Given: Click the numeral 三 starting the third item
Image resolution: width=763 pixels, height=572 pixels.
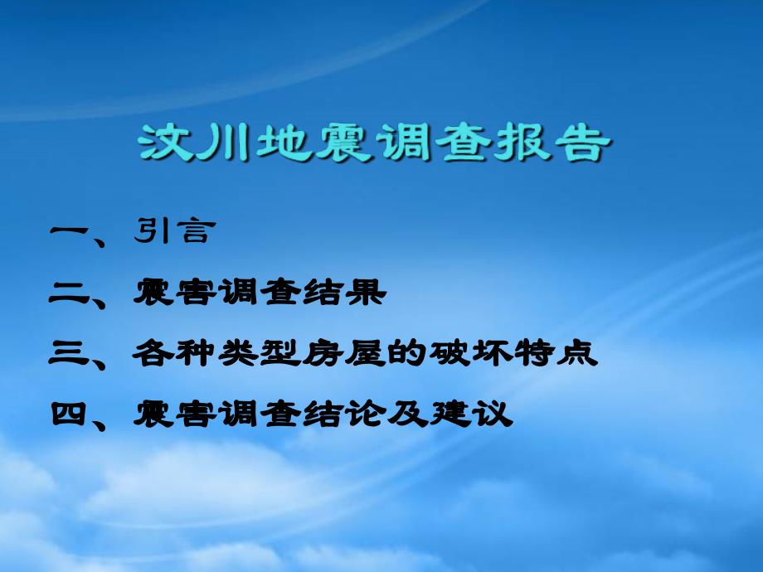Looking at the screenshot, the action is pos(70,353).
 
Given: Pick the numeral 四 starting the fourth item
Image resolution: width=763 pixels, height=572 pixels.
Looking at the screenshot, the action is pos(70,414).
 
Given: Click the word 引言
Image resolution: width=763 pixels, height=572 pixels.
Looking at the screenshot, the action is pos(174,230).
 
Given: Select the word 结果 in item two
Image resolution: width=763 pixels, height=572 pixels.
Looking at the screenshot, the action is pos(344,293).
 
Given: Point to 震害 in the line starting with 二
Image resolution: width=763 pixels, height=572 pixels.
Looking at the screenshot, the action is pos(174,293).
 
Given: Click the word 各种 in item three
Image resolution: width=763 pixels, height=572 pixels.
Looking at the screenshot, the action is pos(174,353).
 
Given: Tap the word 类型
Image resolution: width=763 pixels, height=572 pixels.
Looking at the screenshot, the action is pos(259,353).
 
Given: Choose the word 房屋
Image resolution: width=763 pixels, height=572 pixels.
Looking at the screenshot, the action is pos(343,353).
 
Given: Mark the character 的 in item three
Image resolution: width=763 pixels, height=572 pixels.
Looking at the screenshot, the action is pos(407,353).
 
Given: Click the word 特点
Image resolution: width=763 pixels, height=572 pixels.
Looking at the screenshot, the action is pos(556,353).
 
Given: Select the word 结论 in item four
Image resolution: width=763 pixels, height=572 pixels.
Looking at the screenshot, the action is pos(344,414).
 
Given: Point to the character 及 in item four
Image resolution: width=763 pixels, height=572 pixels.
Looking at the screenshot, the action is pos(408,414).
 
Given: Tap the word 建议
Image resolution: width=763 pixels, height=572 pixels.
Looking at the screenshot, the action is pos(471,414).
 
